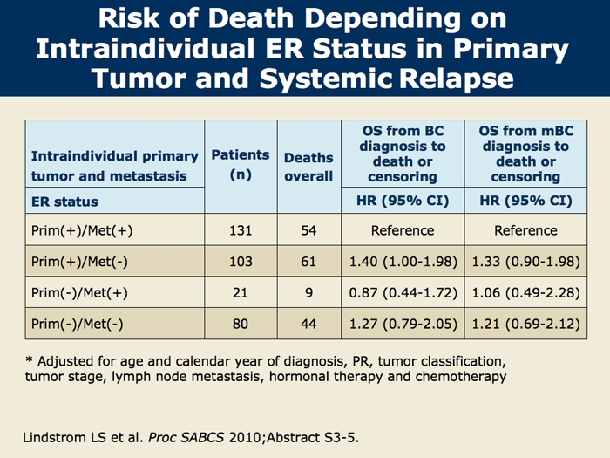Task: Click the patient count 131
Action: pos(240,230)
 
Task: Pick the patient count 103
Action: pos(240,261)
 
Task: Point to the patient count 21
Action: pos(240,292)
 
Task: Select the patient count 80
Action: pos(240,324)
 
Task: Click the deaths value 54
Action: pos(308,230)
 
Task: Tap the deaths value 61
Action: pos(308,261)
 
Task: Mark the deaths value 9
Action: pos(308,292)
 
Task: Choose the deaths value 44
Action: pos(308,324)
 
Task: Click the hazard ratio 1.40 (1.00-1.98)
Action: pos(403,261)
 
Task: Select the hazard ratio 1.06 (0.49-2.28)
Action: pos(525,292)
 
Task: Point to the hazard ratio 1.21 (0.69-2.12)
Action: pos(525,324)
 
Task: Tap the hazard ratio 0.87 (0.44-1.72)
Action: pos(403,292)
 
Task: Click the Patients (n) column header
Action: pos(240,164)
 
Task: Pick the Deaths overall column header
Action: pos(308,167)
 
